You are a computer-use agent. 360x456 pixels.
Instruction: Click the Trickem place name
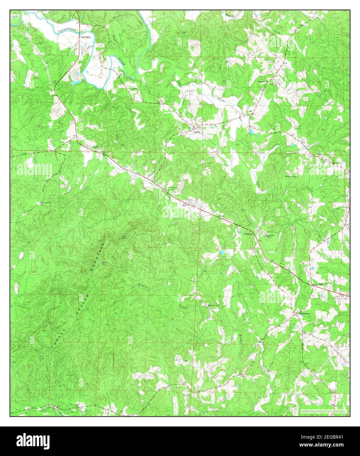(249, 234)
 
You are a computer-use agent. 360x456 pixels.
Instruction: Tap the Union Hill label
(317, 285)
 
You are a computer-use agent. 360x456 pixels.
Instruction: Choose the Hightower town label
(304, 314)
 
